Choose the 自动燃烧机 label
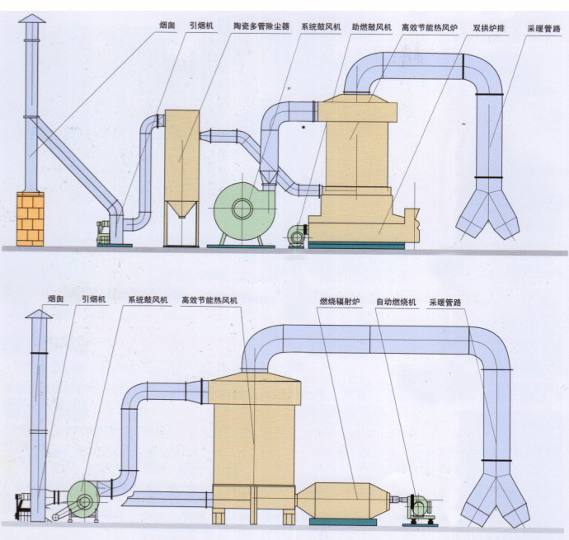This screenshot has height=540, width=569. (x=397, y=303)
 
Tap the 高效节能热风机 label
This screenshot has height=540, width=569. (x=209, y=302)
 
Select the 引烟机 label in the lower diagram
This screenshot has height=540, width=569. (x=93, y=302)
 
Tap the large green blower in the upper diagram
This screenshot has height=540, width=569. (x=241, y=208)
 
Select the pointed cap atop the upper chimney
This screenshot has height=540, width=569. (x=31, y=19)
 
